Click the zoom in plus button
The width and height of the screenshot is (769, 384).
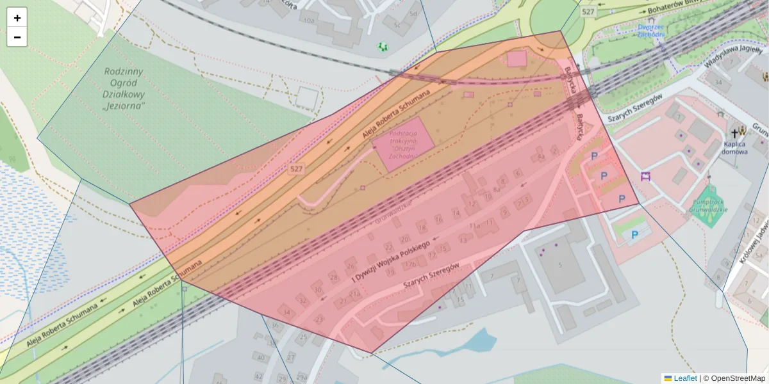pyautogui.click(x=17, y=18)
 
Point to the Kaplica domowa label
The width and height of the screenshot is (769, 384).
pyautogui.click(x=734, y=148)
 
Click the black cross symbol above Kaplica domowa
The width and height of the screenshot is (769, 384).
pyautogui.click(x=735, y=133)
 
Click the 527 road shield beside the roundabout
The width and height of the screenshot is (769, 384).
pyautogui.click(x=588, y=12)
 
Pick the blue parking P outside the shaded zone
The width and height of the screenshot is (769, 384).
pyautogui.click(x=634, y=235)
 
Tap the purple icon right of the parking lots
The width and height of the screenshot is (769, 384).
pyautogui.click(x=645, y=176)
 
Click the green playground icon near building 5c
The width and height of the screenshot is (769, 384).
pyautogui.click(x=383, y=46)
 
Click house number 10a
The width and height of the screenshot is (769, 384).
pyautogui.click(x=310, y=20)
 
